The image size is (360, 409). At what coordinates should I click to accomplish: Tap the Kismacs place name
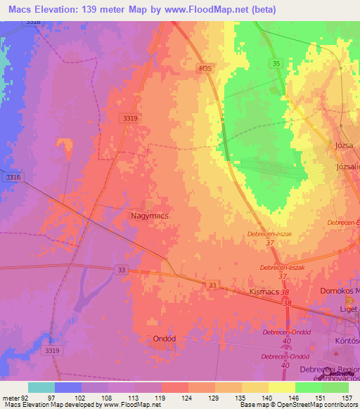click(265, 289)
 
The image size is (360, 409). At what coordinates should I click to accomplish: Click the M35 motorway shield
click(205, 68)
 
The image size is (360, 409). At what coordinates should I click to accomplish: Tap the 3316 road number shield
click(13, 177)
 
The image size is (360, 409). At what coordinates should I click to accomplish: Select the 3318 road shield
click(33, 22)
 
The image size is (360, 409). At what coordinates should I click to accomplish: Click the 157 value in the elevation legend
click(346, 397)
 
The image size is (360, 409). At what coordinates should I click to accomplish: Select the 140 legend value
click(268, 397)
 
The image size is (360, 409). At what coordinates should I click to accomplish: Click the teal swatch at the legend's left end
click(41, 387)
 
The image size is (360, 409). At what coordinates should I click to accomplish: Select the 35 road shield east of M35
click(277, 64)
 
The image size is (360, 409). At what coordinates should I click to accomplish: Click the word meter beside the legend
click(10, 397)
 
